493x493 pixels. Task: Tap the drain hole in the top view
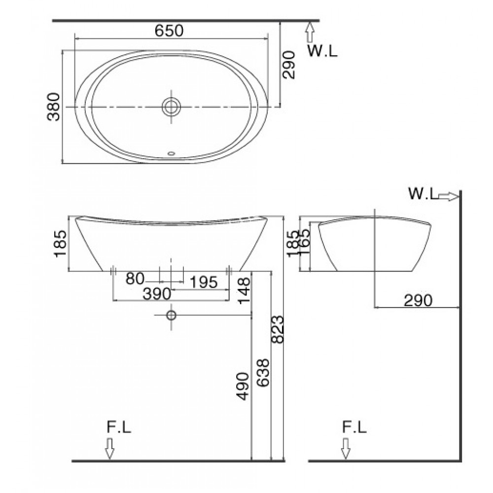coord(172,106)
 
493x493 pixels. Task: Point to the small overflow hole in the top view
coord(172,153)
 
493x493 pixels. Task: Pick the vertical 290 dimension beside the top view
coord(289,64)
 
